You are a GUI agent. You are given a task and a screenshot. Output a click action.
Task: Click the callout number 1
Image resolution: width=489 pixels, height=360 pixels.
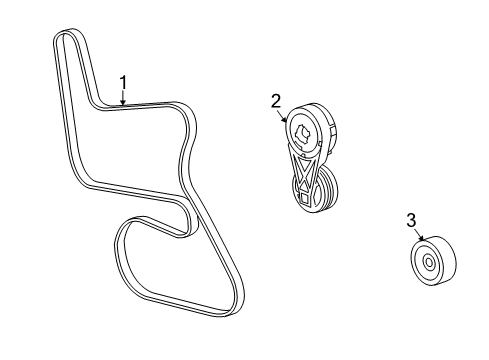pyautogui.click(x=123, y=82)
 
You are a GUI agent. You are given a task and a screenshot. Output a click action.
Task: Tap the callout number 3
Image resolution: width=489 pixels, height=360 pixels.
pyautogui.click(x=410, y=220)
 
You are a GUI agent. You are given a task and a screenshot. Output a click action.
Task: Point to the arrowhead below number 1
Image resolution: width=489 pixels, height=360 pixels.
pyautogui.click(x=123, y=105)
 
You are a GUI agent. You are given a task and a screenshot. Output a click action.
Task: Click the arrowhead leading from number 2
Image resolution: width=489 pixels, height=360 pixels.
pyautogui.click(x=290, y=120)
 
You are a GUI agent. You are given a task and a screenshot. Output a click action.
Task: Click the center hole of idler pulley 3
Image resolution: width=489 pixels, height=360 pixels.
pyautogui.click(x=428, y=263)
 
